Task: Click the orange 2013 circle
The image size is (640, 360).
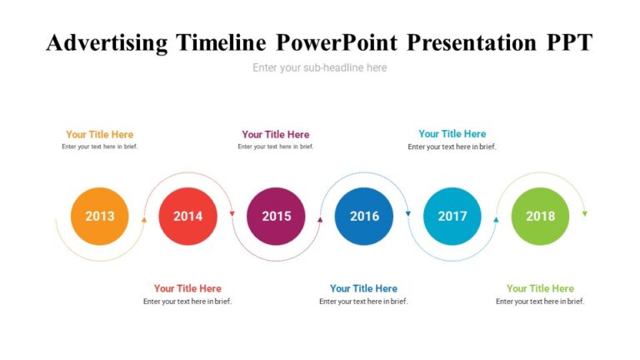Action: coord(100,217)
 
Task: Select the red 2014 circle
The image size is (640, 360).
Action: coord(187,217)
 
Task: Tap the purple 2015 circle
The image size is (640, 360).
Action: coord(276,217)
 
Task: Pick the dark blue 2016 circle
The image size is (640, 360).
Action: coord(364,217)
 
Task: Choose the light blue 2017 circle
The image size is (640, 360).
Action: coord(452,217)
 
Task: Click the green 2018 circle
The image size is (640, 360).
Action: coord(540,217)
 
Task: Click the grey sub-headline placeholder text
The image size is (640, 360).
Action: coord(320,67)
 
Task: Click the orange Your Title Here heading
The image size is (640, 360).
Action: coord(100,134)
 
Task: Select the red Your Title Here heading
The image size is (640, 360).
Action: coord(187,288)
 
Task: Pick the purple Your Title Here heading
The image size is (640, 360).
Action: coord(276,134)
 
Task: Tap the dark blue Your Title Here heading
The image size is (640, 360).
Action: coord(364,288)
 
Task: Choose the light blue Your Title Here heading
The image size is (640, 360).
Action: coord(452,133)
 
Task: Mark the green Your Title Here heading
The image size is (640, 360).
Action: coord(540,288)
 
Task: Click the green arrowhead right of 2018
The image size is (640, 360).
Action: coord(584,214)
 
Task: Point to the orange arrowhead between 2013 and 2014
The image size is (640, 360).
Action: coord(144,220)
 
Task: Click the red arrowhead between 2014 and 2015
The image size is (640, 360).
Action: coord(232,214)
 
